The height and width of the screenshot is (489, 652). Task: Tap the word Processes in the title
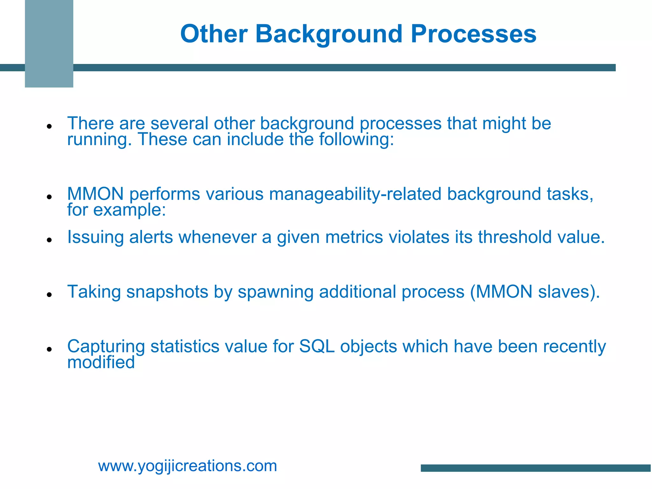click(x=473, y=34)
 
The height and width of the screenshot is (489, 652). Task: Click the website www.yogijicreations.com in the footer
click(x=188, y=466)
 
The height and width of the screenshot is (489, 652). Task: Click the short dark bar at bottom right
click(x=536, y=468)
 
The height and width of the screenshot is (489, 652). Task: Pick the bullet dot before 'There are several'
click(x=49, y=126)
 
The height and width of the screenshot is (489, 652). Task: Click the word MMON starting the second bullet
click(x=95, y=194)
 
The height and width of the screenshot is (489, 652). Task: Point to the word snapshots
click(x=167, y=292)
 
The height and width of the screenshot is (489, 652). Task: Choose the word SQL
click(x=317, y=346)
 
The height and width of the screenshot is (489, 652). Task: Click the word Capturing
click(x=106, y=347)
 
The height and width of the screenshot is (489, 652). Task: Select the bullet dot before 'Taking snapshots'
click(x=49, y=295)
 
